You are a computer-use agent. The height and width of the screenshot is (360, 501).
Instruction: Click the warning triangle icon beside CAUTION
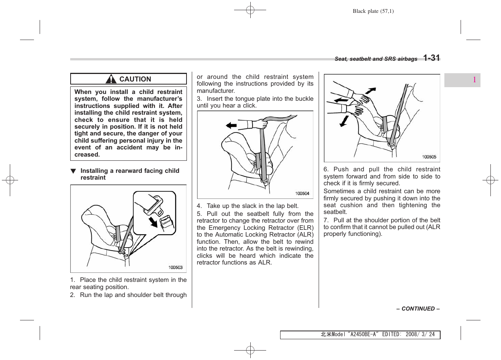pyautogui.click(x=111, y=79)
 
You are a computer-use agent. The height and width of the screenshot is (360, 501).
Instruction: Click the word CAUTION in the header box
pyautogui.click(x=135, y=79)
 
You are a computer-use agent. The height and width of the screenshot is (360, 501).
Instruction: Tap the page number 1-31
pyautogui.click(x=431, y=58)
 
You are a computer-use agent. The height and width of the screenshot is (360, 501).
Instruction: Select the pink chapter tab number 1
pyautogui.click(x=474, y=80)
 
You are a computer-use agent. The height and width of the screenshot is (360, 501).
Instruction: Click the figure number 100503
pyautogui.click(x=175, y=268)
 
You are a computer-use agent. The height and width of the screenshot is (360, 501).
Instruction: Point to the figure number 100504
pyautogui.click(x=302, y=194)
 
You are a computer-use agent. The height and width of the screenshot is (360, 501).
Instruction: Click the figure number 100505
pyautogui.click(x=429, y=157)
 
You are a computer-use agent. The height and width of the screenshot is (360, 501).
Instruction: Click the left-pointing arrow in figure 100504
pyautogui.click(x=231, y=126)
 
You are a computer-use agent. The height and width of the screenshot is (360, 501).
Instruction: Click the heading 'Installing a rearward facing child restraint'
pyautogui.click(x=129, y=174)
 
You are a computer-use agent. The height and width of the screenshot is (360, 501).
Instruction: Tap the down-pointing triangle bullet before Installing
pyautogui.click(x=73, y=171)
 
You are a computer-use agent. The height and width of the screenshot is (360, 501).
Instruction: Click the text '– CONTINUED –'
pyautogui.click(x=418, y=309)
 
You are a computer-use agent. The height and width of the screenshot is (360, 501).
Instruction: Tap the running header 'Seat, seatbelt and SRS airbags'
pyautogui.click(x=376, y=59)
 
